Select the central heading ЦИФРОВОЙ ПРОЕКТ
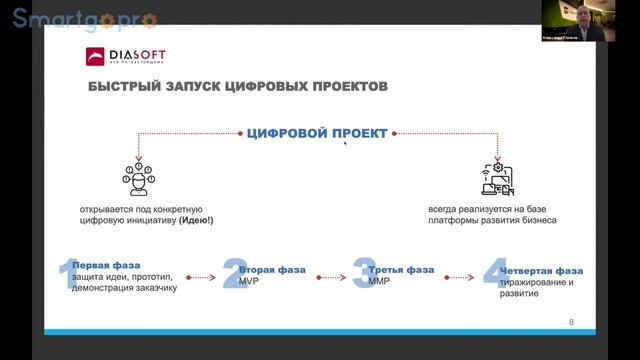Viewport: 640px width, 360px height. coord(317,133)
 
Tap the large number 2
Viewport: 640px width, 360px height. coord(233,274)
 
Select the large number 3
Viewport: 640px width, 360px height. coord(363,273)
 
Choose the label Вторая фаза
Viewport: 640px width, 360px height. coord(272,270)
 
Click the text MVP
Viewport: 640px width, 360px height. coord(249,282)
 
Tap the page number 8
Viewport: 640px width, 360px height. coord(571,322)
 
